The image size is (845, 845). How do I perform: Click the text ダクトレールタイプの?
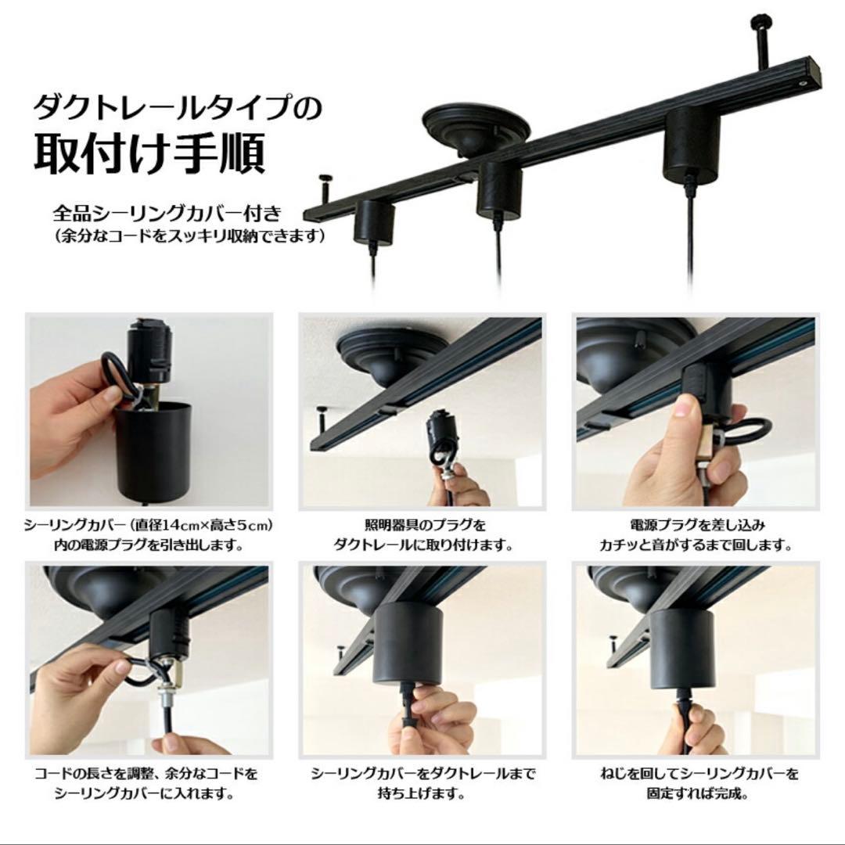click(x=177, y=106)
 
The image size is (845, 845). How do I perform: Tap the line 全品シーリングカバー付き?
click(x=166, y=213)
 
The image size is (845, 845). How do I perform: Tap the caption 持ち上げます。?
click(x=422, y=793)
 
